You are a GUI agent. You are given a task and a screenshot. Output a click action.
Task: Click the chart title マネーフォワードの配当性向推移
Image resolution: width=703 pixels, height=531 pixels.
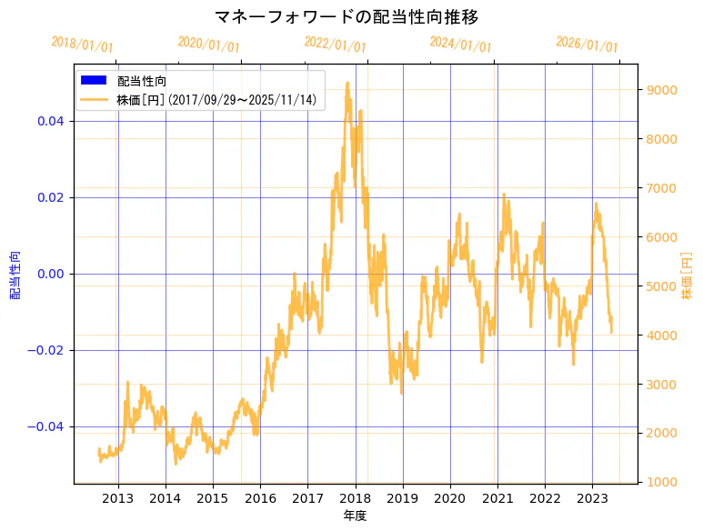pyautogui.click(x=346, y=17)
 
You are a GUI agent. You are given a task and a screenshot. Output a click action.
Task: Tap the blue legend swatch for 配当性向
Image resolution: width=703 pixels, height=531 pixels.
pyautogui.click(x=93, y=81)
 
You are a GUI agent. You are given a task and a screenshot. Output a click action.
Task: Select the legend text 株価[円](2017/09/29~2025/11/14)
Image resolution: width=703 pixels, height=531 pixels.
pyautogui.click(x=216, y=100)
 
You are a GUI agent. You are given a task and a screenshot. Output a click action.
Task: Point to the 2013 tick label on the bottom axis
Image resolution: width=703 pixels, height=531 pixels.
pyautogui.click(x=118, y=497)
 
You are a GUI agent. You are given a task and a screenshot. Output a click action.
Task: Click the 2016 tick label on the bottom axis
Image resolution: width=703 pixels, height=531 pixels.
pyautogui.click(x=260, y=497)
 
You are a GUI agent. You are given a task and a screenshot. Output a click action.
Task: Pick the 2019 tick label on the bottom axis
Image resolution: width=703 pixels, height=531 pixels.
pyautogui.click(x=403, y=497)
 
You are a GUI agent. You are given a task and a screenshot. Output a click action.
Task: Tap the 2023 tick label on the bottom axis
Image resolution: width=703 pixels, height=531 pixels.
pyautogui.click(x=592, y=497)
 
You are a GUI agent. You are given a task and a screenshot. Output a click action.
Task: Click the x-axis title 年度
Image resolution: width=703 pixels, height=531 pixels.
pyautogui.click(x=356, y=516)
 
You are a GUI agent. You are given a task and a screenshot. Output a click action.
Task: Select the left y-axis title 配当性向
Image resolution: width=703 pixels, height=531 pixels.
pyautogui.click(x=15, y=275)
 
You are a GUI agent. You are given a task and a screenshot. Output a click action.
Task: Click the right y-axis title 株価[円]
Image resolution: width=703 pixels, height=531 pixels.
pyautogui.click(x=688, y=275)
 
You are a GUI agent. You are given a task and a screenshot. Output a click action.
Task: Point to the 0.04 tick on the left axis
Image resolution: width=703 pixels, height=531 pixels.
pyautogui.click(x=50, y=121)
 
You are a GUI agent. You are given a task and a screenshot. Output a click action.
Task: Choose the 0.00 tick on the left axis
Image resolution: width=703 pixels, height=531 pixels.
pyautogui.click(x=50, y=274)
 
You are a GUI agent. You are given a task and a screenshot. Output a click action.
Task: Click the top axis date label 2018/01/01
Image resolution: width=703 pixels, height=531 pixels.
pyautogui.click(x=83, y=44)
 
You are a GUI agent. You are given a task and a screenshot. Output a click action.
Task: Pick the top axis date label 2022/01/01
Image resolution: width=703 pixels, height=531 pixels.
pyautogui.click(x=336, y=45)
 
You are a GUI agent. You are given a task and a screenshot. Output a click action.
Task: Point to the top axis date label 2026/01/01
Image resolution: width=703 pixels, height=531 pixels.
pyautogui.click(x=587, y=45)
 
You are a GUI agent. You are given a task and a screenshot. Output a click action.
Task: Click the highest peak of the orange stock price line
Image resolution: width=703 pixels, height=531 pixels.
pyautogui.click(x=347, y=83)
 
